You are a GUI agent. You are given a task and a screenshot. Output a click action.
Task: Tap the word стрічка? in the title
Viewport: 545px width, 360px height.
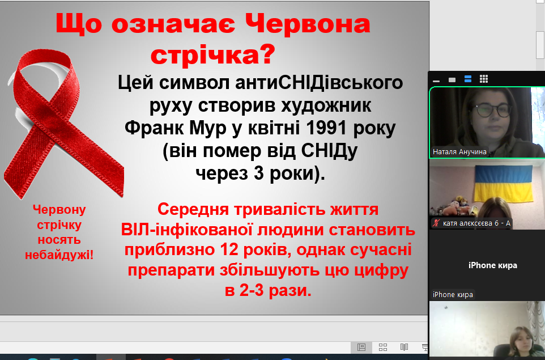pyautogui.click(x=212, y=54)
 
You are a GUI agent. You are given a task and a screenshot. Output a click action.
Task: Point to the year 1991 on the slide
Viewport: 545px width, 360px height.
pyautogui.click(x=326, y=128)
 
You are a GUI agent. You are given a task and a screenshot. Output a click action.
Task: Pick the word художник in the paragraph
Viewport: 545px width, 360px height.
pyautogui.click(x=326, y=106)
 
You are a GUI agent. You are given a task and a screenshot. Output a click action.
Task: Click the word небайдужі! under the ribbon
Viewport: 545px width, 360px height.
pyautogui.click(x=59, y=255)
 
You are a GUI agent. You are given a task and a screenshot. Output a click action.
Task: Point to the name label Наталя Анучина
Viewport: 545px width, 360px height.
pyautogui.click(x=459, y=151)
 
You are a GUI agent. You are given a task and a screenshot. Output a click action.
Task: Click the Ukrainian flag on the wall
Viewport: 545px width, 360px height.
pyautogui.click(x=504, y=183)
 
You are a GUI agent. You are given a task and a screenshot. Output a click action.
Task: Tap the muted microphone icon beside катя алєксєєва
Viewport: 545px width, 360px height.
pyautogui.click(x=436, y=223)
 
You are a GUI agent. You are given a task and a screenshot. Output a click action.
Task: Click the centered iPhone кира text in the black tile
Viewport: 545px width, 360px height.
pyautogui.click(x=492, y=265)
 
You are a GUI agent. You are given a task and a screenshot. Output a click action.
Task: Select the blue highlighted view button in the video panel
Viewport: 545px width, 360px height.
pyautogui.click(x=468, y=79)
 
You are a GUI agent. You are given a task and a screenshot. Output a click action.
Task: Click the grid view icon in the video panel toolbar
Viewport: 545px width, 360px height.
pyautogui.click(x=484, y=79)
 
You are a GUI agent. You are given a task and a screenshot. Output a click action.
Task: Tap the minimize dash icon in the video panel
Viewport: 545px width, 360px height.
pyautogui.click(x=436, y=81)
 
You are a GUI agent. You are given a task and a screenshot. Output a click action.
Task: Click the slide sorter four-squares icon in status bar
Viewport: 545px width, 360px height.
pyautogui.click(x=382, y=347)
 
